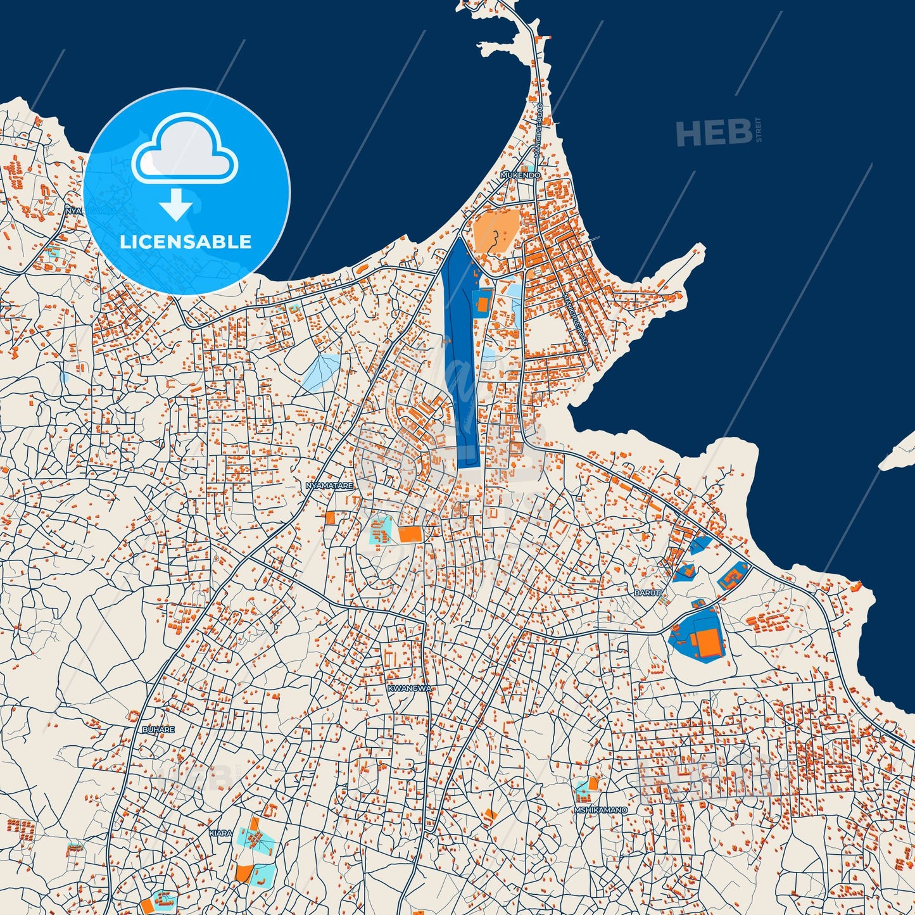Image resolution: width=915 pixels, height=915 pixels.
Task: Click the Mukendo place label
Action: pyautogui.click(x=521, y=175)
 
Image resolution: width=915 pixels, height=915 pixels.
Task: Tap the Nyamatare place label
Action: pyautogui.click(x=329, y=486)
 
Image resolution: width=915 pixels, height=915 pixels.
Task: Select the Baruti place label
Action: pyautogui.click(x=648, y=593)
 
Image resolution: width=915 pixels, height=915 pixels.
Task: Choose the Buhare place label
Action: pyautogui.click(x=158, y=729)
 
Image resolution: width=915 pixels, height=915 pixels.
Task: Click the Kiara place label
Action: pyautogui.click(x=221, y=833)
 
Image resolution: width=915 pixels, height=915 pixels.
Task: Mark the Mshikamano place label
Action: pyautogui.click(x=600, y=810)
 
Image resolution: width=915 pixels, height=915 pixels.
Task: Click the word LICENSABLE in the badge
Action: pyautogui.click(x=186, y=242)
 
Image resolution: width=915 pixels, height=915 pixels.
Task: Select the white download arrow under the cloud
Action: pyautogui.click(x=176, y=205)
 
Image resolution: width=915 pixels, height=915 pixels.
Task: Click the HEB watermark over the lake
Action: pyautogui.click(x=714, y=133)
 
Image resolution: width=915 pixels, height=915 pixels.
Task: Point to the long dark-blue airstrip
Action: pyautogui.click(x=462, y=355)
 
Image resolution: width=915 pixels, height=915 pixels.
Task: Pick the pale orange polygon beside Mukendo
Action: pyautogui.click(x=495, y=232)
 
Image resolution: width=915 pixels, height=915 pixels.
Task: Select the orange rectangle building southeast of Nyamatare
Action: pyautogui.click(x=410, y=534)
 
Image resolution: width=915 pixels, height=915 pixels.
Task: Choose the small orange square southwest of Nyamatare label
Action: pyautogui.click(x=330, y=518)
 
